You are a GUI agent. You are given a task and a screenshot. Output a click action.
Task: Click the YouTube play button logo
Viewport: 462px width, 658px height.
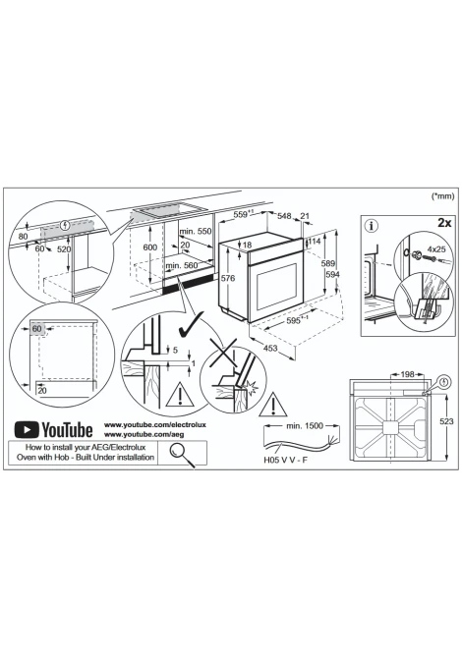click(27, 430)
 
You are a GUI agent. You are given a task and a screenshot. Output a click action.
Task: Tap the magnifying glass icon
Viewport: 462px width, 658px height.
click(182, 454)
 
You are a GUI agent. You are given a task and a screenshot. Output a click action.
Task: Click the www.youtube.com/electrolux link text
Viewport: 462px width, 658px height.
click(155, 424)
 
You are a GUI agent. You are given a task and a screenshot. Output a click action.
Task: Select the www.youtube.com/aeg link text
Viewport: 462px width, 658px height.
click(144, 434)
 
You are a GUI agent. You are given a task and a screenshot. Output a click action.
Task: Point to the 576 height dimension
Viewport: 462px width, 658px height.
click(228, 278)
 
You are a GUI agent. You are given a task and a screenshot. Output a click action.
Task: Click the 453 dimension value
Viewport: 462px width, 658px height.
click(270, 348)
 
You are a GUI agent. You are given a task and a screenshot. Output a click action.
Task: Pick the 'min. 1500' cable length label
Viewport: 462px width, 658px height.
click(305, 426)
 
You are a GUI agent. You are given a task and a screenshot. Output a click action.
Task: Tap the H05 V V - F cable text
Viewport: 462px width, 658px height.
click(286, 460)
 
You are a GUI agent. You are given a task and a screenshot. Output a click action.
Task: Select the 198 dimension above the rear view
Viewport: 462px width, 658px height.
click(407, 374)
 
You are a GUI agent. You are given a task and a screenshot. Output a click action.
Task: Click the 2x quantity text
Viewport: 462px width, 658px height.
click(444, 222)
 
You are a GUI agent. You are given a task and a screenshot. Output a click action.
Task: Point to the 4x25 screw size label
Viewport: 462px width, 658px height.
click(436, 248)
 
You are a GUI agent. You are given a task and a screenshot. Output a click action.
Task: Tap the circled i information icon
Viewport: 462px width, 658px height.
click(372, 226)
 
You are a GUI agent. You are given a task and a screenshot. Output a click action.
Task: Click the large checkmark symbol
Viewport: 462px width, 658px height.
click(191, 324)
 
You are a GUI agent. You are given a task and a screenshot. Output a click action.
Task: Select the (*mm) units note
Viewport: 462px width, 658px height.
click(443, 196)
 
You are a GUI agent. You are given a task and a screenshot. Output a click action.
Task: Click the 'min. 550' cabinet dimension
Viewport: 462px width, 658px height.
click(196, 231)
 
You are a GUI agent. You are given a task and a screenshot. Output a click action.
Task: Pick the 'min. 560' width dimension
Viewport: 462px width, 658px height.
click(182, 265)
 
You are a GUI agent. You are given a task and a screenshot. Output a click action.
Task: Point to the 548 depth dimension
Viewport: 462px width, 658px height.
click(284, 216)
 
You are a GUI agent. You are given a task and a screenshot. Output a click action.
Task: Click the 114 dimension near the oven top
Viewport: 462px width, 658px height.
click(315, 241)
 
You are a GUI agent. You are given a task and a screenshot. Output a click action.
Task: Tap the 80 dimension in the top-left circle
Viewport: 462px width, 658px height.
click(24, 237)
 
